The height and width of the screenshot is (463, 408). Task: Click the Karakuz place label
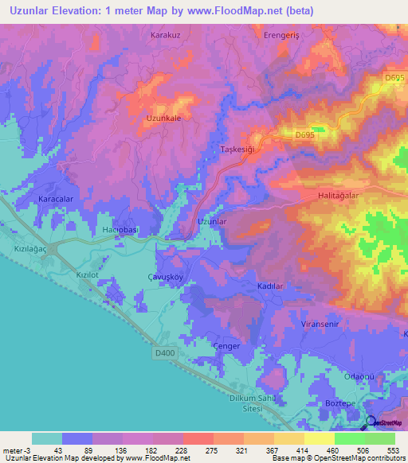[167, 36]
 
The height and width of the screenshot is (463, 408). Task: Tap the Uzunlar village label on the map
[213, 221]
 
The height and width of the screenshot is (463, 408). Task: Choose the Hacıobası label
[121, 230]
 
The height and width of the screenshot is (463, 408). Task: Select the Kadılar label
[270, 285]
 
